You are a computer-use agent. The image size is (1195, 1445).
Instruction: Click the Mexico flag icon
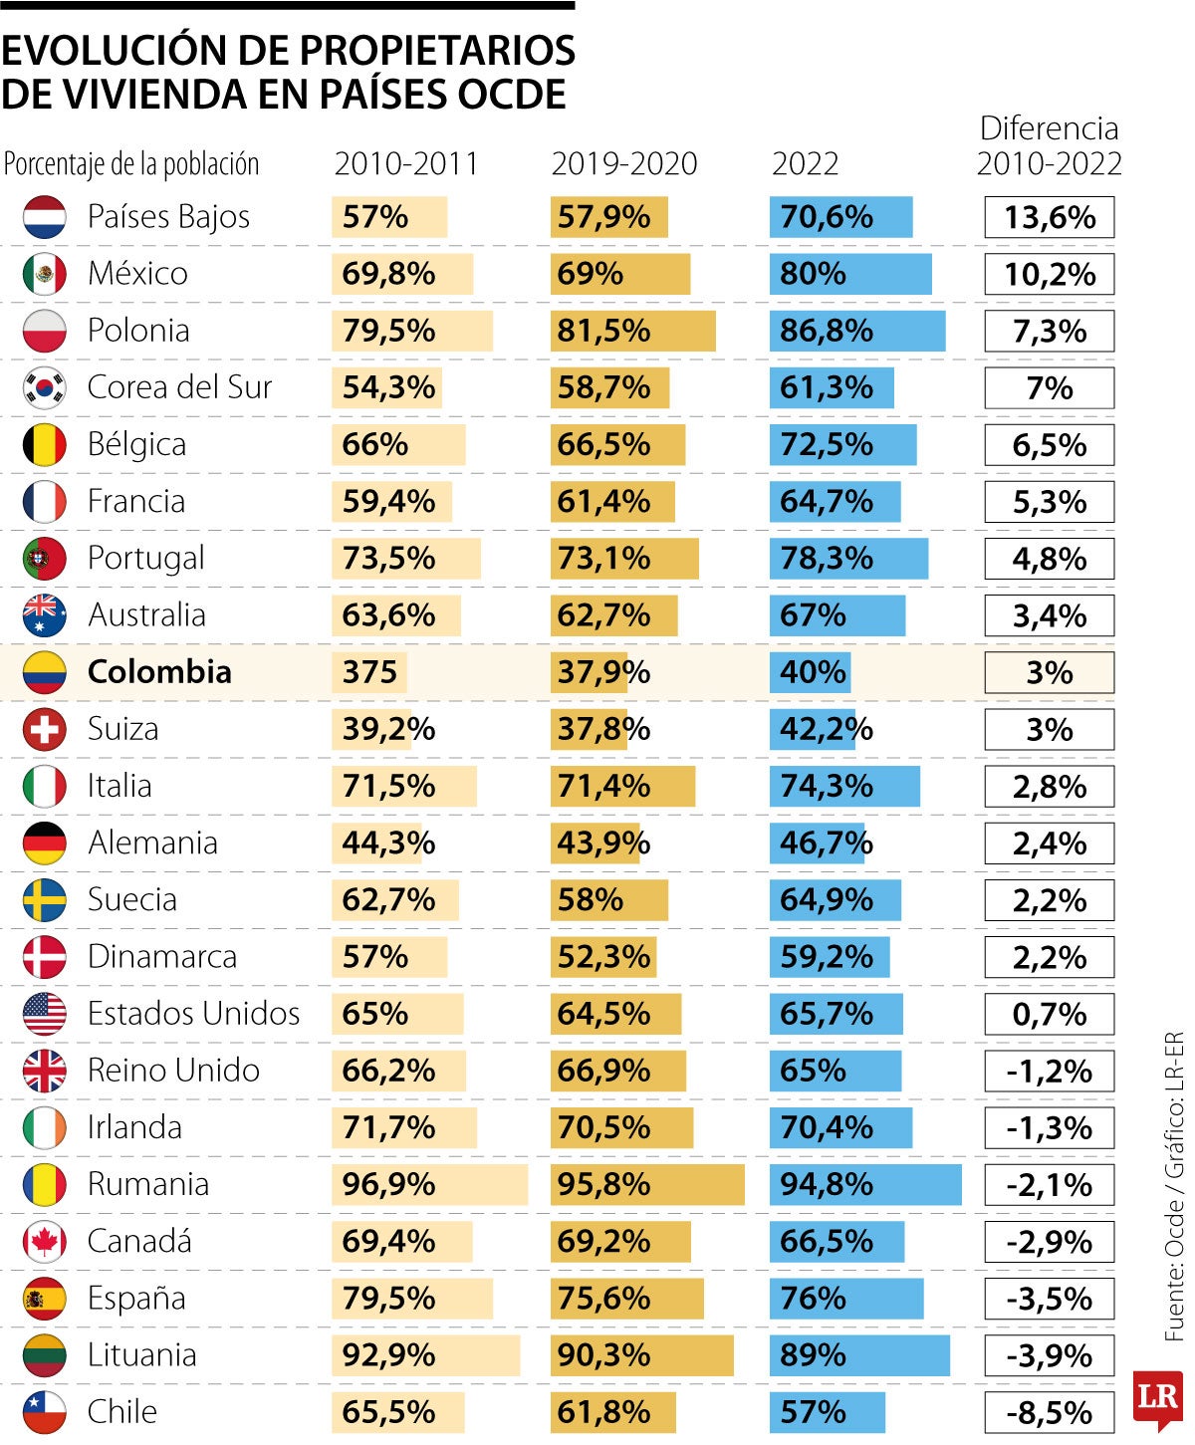pyautogui.click(x=45, y=274)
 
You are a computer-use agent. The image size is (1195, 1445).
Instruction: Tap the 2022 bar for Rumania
pyautogui.click(x=864, y=1184)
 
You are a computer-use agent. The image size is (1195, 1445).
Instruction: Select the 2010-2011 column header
pyautogui.click(x=406, y=163)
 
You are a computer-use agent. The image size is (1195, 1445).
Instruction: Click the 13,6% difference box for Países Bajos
pyautogui.click(x=1049, y=217)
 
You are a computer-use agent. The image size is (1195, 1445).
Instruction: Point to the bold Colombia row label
pyautogui.click(x=159, y=672)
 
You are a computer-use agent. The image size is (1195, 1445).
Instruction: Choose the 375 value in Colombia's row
pyautogui.click(x=369, y=672)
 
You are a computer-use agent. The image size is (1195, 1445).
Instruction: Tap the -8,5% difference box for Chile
pyautogui.click(x=1049, y=1412)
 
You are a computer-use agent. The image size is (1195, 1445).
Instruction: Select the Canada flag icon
pyautogui.click(x=45, y=1242)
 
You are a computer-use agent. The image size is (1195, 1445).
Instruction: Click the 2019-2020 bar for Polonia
pyautogui.click(x=632, y=331)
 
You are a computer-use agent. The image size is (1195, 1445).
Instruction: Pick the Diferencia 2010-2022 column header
pyautogui.click(x=1049, y=145)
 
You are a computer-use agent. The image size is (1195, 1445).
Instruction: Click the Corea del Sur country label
pyautogui.click(x=179, y=387)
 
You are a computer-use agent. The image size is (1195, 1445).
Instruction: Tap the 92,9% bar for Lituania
pyautogui.click(x=425, y=1355)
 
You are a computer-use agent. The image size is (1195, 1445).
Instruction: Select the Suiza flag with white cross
pyautogui.click(x=45, y=729)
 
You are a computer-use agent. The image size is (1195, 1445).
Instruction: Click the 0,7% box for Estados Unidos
pyautogui.click(x=1049, y=1015)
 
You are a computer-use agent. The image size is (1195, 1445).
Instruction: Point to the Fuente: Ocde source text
pyautogui.click(x=1175, y=1185)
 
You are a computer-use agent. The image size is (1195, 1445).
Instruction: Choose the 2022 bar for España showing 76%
pyautogui.click(x=845, y=1299)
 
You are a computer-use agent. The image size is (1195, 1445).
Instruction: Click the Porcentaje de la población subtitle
pyautogui.click(x=131, y=164)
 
